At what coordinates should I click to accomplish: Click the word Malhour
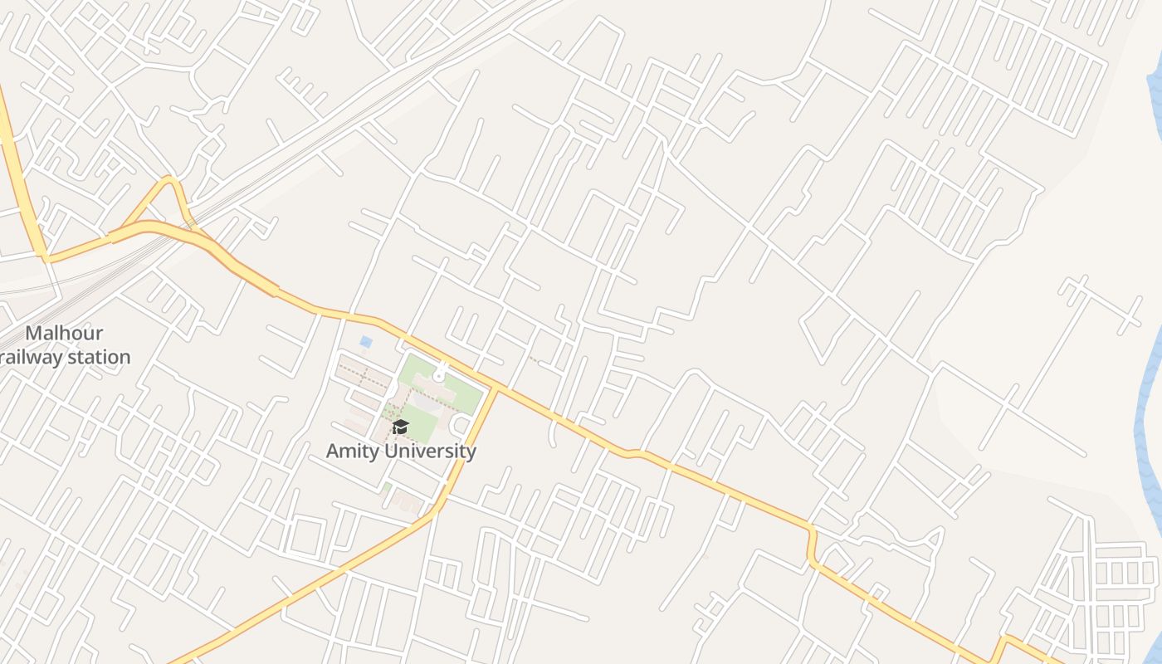point(64,334)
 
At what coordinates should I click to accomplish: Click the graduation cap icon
point(400,427)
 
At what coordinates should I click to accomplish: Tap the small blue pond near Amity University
point(365,341)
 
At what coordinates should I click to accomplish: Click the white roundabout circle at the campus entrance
point(439,376)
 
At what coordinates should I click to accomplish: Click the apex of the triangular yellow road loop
point(169,178)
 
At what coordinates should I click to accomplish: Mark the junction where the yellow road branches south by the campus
point(496,388)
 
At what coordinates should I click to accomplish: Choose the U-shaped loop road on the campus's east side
point(458,425)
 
